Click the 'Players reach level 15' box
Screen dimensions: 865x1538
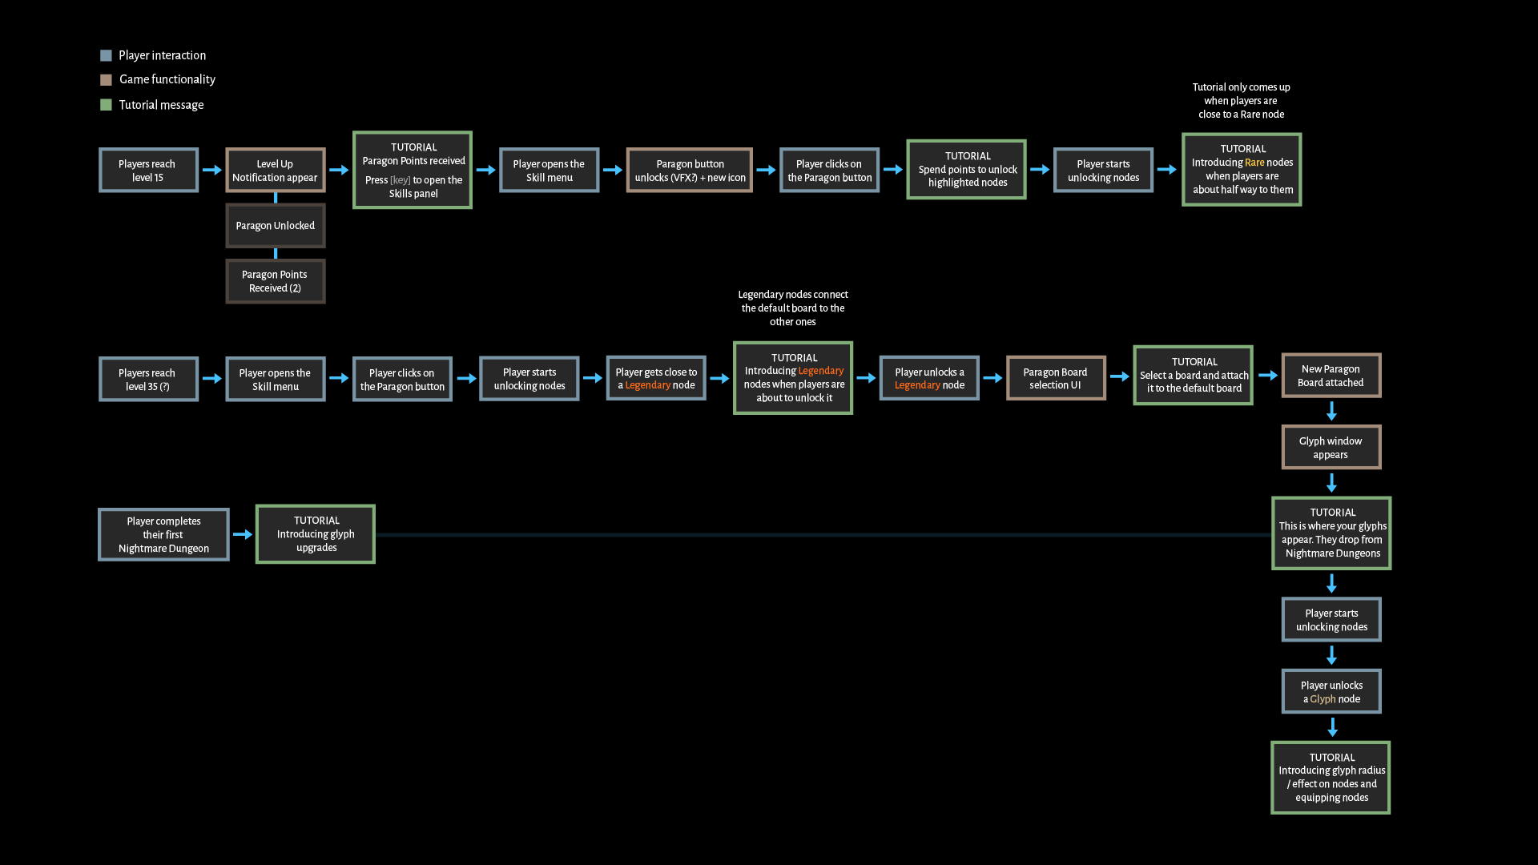148,170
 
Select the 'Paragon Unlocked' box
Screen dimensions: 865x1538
275,226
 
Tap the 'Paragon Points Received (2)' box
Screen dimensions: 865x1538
275,281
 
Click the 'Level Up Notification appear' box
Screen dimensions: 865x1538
275,170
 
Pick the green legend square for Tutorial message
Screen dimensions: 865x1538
106,105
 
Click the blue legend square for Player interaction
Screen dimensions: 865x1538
106,55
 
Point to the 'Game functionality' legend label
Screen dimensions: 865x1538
167,79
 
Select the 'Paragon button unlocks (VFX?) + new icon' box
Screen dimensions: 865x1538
690,170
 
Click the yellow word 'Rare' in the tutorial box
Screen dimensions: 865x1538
1254,163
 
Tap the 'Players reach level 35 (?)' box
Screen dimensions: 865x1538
148,379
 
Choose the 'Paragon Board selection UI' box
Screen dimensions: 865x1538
1056,378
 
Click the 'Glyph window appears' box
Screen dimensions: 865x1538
1331,447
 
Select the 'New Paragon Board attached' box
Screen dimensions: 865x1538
1331,375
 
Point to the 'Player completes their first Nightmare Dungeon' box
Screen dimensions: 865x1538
163,534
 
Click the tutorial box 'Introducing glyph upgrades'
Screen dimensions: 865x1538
316,534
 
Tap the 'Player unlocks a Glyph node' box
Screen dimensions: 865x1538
1331,691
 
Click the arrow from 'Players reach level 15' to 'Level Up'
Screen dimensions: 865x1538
212,170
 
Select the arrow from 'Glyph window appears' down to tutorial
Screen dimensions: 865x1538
1331,483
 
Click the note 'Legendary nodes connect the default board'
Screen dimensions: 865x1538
793,308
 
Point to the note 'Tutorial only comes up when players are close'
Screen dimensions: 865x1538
1241,101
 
